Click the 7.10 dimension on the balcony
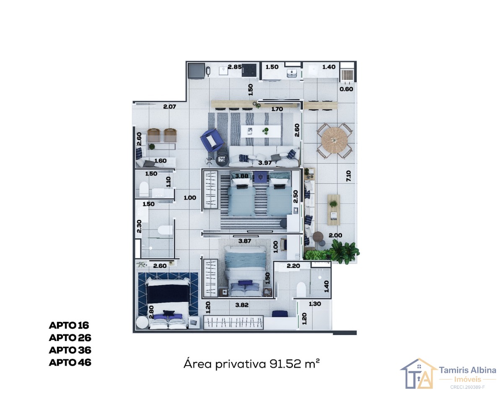(x=348, y=176)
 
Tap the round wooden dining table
(x=334, y=140)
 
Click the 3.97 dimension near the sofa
(x=265, y=163)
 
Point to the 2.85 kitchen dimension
(x=235, y=67)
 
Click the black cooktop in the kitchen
(x=249, y=70)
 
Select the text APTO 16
(x=69, y=325)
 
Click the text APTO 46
(x=70, y=362)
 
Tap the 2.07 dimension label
(x=170, y=107)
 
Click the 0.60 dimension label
(x=346, y=89)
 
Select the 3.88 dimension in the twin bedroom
(x=242, y=176)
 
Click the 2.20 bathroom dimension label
(x=293, y=266)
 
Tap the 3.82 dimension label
(x=242, y=305)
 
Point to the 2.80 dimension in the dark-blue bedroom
(x=152, y=312)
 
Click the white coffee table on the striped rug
(x=261, y=131)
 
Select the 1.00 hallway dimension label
(x=190, y=198)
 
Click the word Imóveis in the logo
(x=468, y=379)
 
